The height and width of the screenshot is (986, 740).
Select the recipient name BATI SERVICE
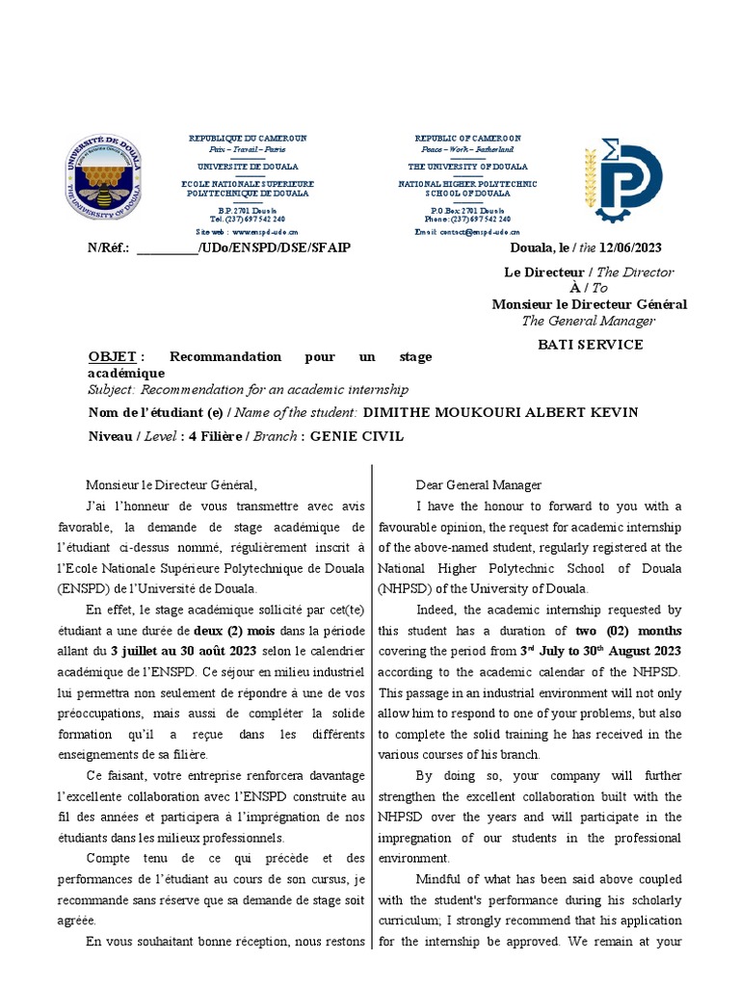589,344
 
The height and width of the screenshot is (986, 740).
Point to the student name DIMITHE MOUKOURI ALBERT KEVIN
499,412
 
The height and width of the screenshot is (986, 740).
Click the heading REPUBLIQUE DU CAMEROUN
248,139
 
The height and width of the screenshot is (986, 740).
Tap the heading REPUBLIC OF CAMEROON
467,139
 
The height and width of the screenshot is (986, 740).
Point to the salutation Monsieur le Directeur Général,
172,485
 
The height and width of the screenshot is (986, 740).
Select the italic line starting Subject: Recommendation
248,389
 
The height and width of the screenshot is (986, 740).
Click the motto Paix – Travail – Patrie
248,150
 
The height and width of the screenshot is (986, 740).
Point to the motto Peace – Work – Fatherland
467,150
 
